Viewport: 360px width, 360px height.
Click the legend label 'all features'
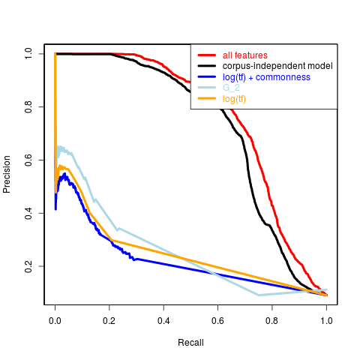pos(245,55)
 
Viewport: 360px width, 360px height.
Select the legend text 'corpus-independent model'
pos(277,66)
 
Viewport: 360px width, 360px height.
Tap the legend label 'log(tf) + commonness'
pos(266,77)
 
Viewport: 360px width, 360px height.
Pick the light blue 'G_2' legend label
pos(231,88)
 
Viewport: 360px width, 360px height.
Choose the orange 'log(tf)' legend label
pos(234,99)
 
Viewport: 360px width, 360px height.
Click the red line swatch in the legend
pos(207,55)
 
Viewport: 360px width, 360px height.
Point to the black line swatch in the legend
pos(207,66)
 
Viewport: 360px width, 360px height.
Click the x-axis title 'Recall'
pos(190,343)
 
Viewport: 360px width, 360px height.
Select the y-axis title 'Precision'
pos(7,174)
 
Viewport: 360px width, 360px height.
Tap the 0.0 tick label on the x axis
pos(55,321)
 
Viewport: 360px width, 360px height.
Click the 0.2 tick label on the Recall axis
pos(109,321)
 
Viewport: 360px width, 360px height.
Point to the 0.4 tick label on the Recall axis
pos(163,321)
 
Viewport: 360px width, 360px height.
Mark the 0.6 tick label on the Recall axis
pos(217,321)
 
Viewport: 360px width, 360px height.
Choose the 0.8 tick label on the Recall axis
pos(272,321)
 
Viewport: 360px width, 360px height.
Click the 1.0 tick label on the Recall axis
pos(326,321)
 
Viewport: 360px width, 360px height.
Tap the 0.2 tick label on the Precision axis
pos(28,266)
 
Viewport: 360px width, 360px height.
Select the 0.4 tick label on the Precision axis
pos(28,213)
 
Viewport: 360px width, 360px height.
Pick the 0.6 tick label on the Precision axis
pos(28,160)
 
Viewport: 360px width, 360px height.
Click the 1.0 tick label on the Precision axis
pos(28,54)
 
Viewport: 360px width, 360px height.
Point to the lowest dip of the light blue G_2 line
pos(259,295)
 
